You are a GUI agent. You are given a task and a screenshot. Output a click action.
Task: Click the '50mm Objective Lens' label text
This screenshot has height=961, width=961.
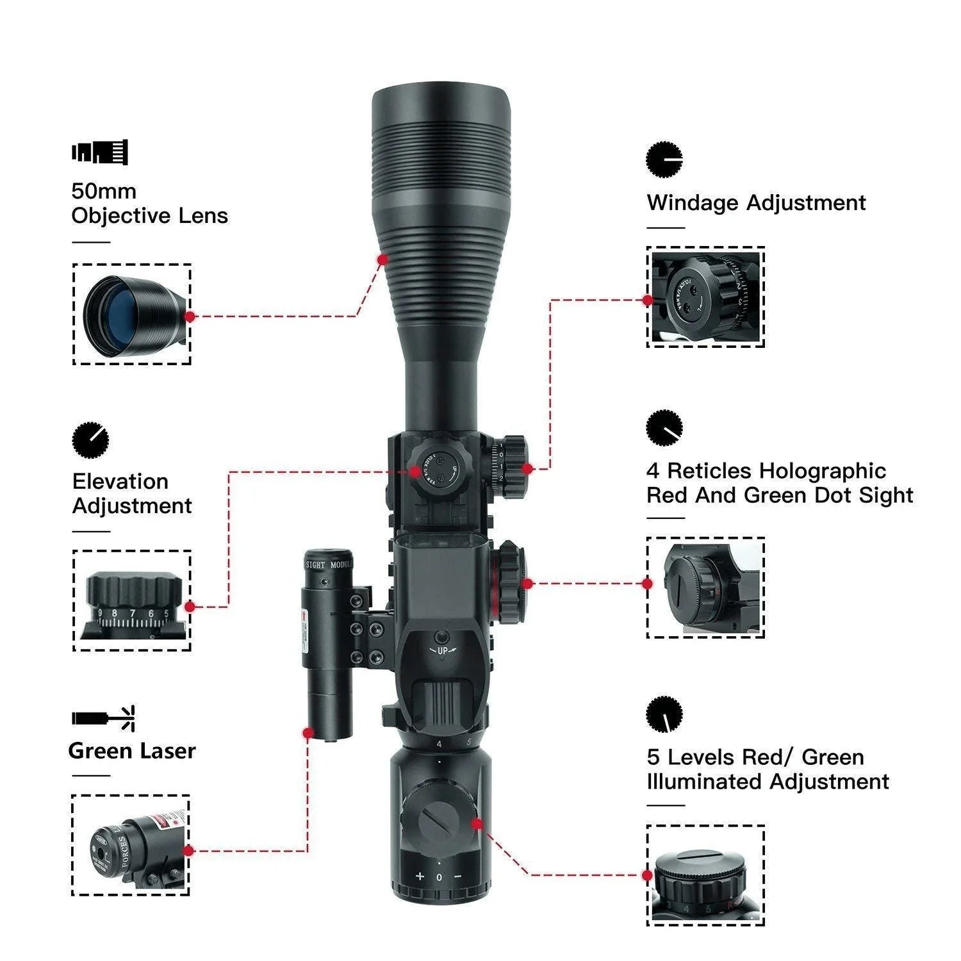(x=149, y=203)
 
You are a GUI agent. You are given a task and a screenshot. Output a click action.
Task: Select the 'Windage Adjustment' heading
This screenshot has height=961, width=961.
(x=756, y=202)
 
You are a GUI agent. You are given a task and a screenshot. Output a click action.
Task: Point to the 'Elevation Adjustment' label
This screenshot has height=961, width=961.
(x=131, y=493)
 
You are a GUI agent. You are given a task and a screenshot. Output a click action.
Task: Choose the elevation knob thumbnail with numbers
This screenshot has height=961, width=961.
(x=132, y=600)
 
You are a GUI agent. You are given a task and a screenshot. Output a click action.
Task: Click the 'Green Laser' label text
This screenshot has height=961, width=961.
(x=132, y=750)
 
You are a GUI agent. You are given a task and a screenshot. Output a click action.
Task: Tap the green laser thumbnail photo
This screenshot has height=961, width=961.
(x=131, y=846)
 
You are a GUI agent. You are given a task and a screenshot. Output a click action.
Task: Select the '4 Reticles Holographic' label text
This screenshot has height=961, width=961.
(x=766, y=471)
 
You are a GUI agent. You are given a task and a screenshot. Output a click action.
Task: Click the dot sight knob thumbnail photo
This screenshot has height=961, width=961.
(x=705, y=587)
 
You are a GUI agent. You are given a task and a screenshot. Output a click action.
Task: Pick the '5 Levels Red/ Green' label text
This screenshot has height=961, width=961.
(x=755, y=757)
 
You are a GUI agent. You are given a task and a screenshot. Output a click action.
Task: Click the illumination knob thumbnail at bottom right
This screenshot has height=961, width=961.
(x=705, y=875)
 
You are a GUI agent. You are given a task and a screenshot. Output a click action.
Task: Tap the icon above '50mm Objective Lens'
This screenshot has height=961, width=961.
(x=99, y=152)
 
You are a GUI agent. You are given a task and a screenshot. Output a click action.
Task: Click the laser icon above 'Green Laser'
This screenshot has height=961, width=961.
(x=103, y=718)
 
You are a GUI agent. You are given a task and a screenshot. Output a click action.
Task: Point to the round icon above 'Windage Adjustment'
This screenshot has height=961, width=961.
(x=664, y=159)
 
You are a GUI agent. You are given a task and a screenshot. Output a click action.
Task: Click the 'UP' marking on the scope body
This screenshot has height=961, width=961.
(x=442, y=651)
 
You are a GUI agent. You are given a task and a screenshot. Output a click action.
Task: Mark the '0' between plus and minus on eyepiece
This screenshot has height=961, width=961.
(x=439, y=877)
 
